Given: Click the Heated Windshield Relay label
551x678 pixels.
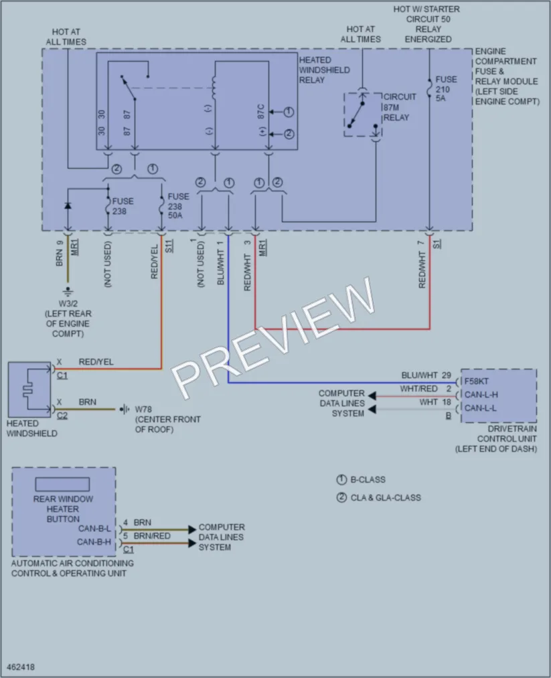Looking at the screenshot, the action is click(324, 70).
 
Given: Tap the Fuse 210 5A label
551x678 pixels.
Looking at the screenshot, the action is click(446, 88).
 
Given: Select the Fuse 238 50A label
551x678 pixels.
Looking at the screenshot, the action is click(178, 206).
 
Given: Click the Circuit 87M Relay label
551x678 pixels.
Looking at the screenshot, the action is click(400, 107).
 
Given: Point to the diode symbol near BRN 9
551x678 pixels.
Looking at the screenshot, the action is click(68, 206).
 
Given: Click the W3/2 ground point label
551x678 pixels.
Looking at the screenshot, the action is click(68, 319).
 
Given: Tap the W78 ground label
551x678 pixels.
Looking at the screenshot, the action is click(167, 419).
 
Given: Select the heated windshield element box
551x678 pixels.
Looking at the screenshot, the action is click(29, 389).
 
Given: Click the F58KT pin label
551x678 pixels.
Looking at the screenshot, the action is click(477, 382).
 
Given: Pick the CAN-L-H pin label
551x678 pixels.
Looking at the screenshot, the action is click(481, 395).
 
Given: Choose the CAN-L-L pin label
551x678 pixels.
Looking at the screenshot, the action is click(481, 408).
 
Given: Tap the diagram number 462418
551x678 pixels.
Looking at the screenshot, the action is click(21, 667).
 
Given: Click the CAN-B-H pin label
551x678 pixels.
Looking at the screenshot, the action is click(94, 541).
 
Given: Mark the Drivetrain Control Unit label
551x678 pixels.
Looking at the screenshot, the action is click(496, 439).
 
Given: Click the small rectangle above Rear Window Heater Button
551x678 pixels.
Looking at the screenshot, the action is click(62, 485).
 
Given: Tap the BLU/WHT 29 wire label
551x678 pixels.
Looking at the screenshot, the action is click(426, 375).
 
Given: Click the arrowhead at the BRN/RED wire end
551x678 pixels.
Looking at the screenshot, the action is click(192, 543).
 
